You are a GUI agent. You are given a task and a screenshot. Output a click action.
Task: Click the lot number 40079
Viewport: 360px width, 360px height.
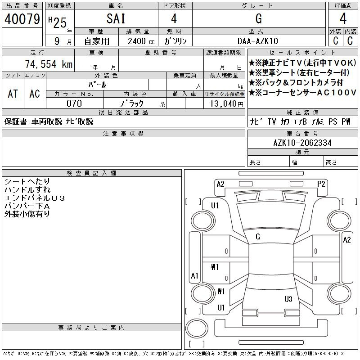tap(22, 19)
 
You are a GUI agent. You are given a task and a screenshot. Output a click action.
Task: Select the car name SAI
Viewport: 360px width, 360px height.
tap(116, 18)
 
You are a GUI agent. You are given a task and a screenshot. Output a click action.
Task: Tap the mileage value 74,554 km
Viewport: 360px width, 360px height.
tap(49, 64)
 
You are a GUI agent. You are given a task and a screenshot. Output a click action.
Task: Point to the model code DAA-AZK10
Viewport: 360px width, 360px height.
tap(257, 41)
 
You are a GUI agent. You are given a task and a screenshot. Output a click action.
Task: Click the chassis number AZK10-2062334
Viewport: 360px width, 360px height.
tap(302, 143)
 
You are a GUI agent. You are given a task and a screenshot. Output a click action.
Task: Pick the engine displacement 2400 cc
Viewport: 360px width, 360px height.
tap(141, 41)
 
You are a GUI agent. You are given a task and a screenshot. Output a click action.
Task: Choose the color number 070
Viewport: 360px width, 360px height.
tap(74, 103)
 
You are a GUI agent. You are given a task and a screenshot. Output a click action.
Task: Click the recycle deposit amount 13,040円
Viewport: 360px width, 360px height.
tap(227, 104)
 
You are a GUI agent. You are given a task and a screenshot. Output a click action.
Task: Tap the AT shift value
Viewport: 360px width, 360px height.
tap(13, 94)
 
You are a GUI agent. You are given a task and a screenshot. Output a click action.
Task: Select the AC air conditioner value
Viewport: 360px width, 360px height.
tap(35, 94)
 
